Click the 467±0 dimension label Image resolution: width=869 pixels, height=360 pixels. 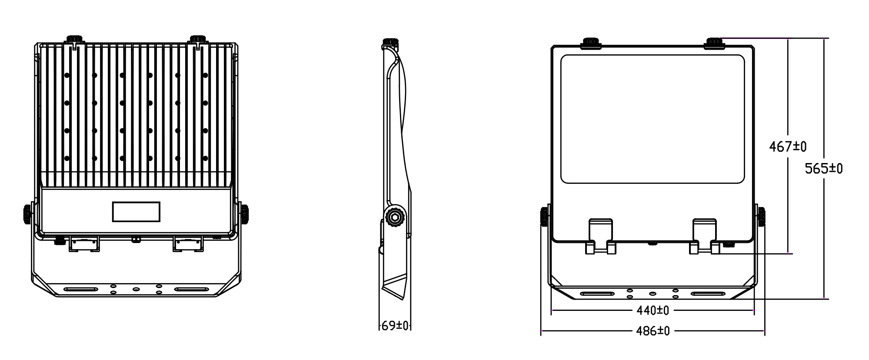coord(787,147)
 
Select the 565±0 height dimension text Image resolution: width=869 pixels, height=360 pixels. coord(823,168)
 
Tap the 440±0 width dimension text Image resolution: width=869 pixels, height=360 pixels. coord(653,310)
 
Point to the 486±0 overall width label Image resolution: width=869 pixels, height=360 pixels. coord(653,331)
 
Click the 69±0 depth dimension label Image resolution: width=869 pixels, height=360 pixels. coord(395,326)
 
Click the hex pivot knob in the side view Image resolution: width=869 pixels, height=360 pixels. coord(395,217)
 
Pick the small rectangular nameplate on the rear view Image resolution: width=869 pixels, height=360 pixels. coord(136,212)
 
